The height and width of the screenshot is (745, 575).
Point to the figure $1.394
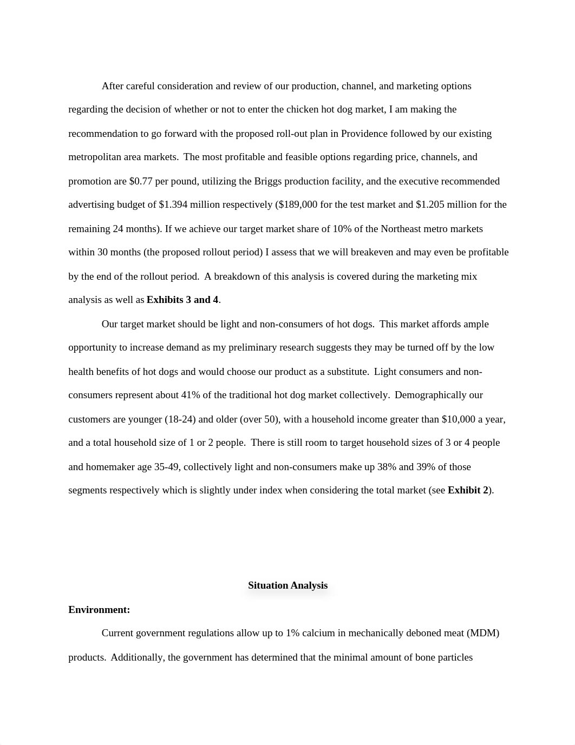173,205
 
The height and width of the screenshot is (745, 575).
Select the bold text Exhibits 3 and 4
182,300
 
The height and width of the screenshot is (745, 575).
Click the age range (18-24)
182,419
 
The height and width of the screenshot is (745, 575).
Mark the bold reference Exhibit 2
468,490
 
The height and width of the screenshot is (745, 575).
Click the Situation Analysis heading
287,585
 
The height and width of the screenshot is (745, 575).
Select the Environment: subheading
99,610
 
